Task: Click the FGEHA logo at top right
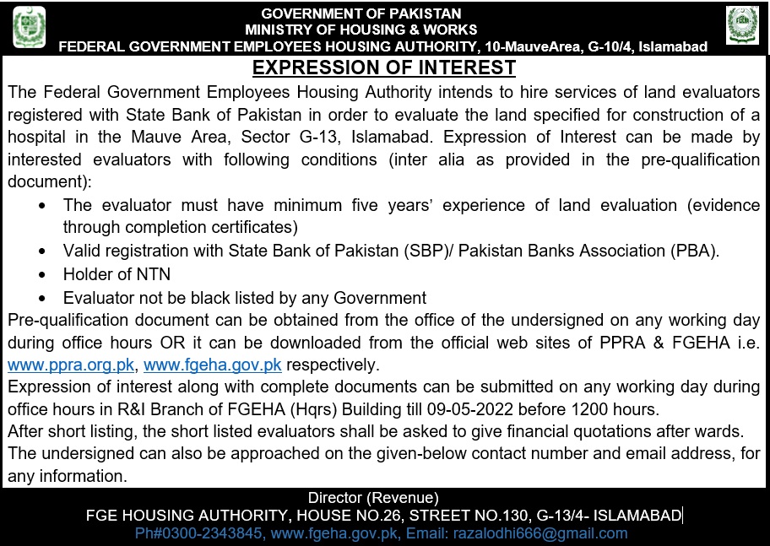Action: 742,25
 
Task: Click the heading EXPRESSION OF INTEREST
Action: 384,68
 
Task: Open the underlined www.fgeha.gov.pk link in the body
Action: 213,365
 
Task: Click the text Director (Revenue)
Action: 372,498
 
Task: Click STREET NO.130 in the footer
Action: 465,516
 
